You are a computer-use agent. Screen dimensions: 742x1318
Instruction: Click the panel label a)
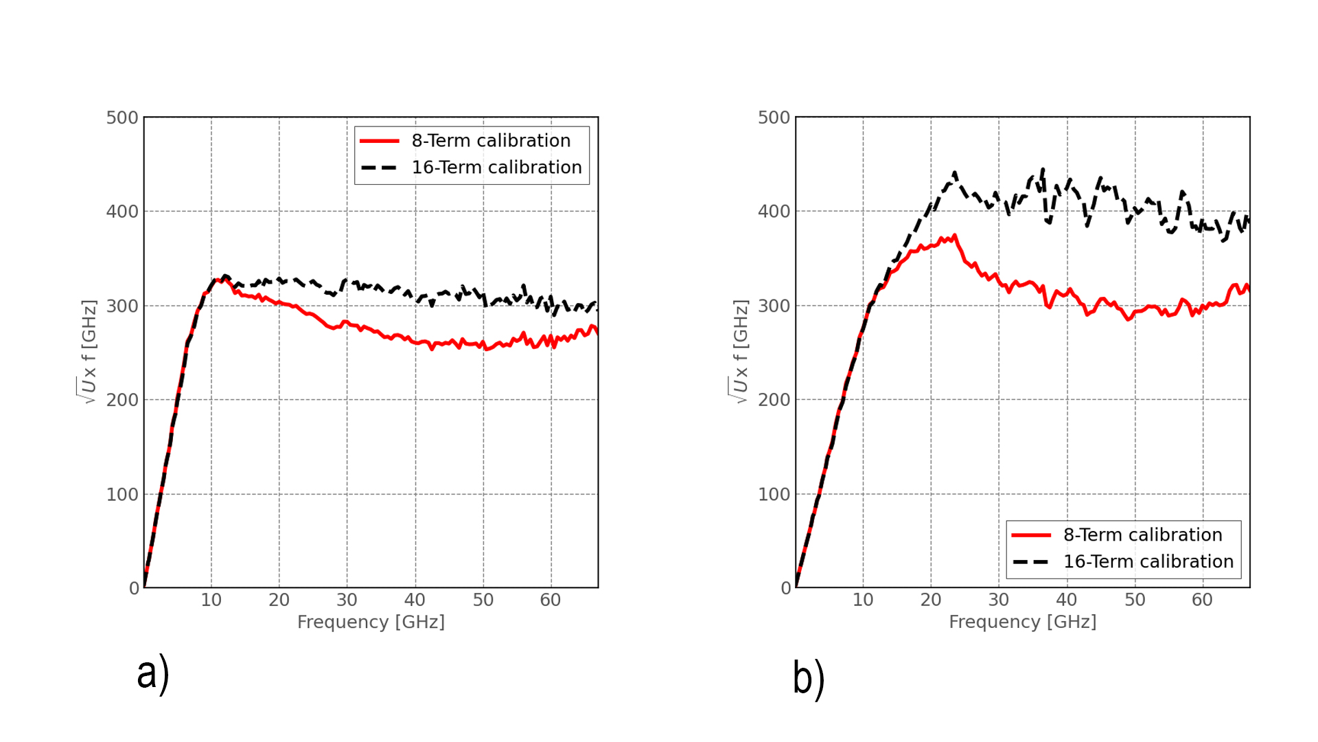pos(152,673)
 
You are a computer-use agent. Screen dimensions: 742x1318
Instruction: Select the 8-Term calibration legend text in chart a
pos(491,141)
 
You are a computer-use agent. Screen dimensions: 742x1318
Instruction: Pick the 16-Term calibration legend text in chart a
pos(496,168)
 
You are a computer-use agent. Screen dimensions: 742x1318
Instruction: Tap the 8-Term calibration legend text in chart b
pos(1142,535)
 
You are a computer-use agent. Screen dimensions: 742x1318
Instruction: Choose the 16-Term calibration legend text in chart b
pos(1148,562)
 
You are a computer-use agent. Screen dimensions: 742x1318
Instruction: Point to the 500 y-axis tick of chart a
pos(122,117)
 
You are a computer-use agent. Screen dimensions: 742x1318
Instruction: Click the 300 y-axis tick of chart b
pos(774,306)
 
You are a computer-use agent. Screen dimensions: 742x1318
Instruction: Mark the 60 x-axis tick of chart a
pos(550,600)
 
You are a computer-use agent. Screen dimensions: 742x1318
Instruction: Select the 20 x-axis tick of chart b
pos(930,600)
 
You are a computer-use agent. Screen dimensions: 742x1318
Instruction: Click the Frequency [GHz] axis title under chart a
pos(371,622)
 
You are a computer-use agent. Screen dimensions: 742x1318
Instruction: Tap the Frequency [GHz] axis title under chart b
pos(1022,622)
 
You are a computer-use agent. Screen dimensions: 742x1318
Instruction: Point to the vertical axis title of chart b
pos(740,352)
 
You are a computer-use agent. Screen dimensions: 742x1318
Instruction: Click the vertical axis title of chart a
pos(89,352)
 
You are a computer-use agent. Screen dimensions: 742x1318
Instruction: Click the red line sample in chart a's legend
pos(380,141)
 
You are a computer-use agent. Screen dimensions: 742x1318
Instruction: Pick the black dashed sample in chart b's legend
pos(1030,562)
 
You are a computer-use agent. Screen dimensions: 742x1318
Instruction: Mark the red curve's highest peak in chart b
pos(954,236)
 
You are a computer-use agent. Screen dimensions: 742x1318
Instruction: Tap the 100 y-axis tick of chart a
pos(122,495)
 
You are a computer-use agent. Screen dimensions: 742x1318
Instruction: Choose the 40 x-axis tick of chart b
pos(1066,600)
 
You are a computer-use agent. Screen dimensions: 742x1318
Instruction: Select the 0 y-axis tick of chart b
pos(785,589)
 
